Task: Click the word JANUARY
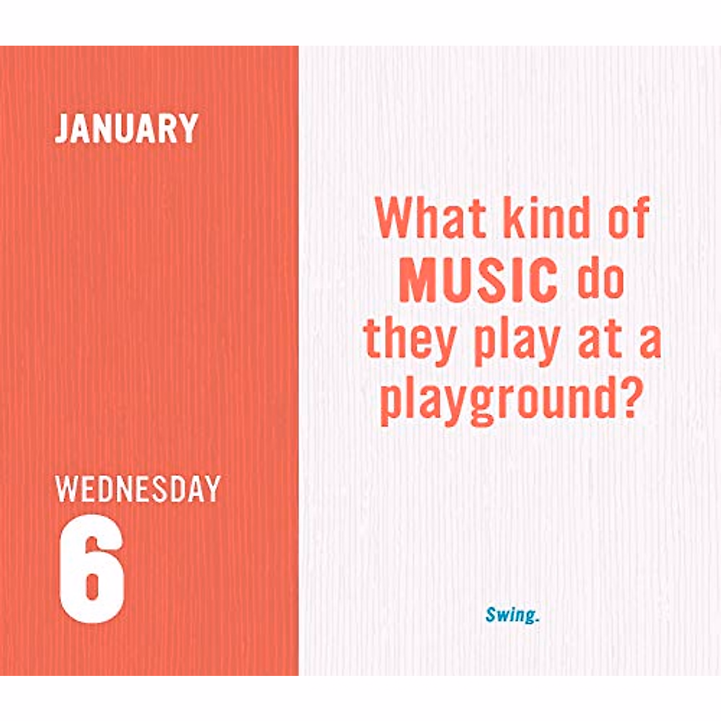[126, 128]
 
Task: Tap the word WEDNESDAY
[138, 489]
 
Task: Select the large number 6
[92, 569]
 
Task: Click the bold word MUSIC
[478, 280]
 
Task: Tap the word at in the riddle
[599, 341]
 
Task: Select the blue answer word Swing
[510, 615]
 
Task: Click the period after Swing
[537, 619]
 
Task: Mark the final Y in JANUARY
[189, 128]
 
